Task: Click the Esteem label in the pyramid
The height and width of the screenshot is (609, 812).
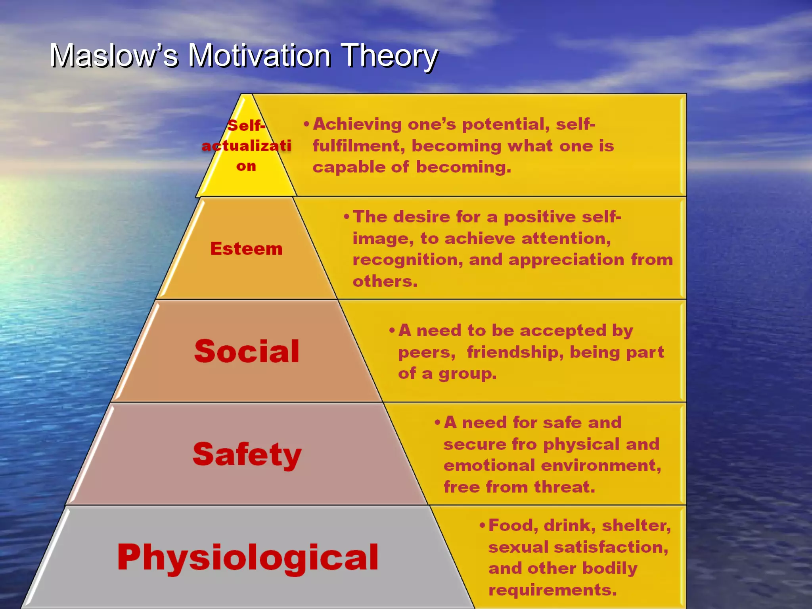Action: coord(246,249)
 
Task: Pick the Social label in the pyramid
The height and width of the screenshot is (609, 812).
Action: coord(247,351)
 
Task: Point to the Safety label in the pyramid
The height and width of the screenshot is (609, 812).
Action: coord(247,454)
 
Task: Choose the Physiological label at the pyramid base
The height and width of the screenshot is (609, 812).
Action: coord(248,557)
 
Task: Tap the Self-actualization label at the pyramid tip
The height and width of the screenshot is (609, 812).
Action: coord(246,146)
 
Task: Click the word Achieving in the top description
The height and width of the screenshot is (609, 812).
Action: coord(357,124)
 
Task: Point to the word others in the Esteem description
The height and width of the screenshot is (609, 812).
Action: coord(385,282)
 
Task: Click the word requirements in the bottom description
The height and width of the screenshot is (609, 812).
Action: coord(552,590)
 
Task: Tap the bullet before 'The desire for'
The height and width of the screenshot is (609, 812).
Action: coord(347,216)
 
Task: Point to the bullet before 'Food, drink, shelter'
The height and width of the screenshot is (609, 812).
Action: coord(483,526)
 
